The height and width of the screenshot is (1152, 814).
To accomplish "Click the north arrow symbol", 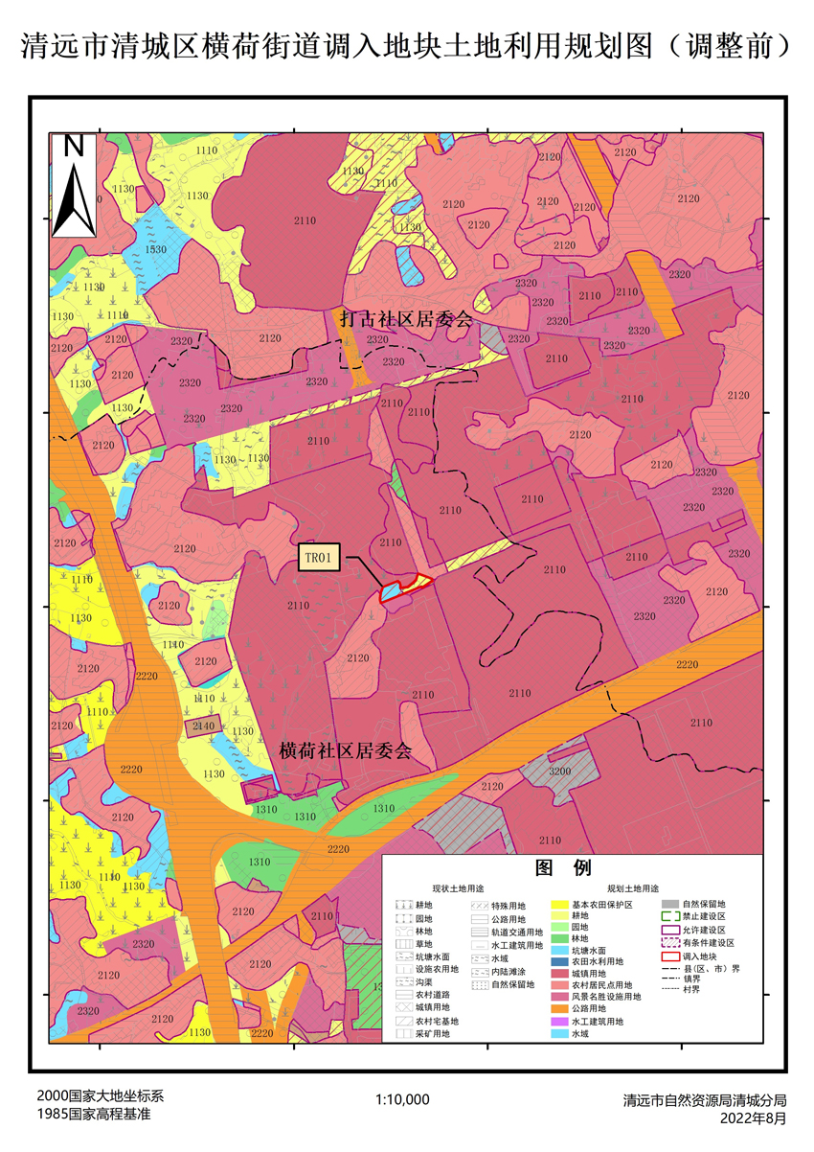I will tap(74, 187).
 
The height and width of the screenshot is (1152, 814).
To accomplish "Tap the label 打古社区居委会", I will tap(407, 320).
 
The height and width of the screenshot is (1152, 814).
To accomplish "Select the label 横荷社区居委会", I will tap(346, 750).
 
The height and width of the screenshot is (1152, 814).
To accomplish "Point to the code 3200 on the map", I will tap(560, 771).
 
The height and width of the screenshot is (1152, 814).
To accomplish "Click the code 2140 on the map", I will tap(203, 727).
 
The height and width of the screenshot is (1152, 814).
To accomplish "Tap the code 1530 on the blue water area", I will tap(155, 249).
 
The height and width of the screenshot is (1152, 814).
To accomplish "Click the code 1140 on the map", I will tap(173, 645).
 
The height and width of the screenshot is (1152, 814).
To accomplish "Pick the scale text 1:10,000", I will tap(402, 1099).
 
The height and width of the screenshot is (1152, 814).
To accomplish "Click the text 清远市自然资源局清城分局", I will tap(704, 1100).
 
